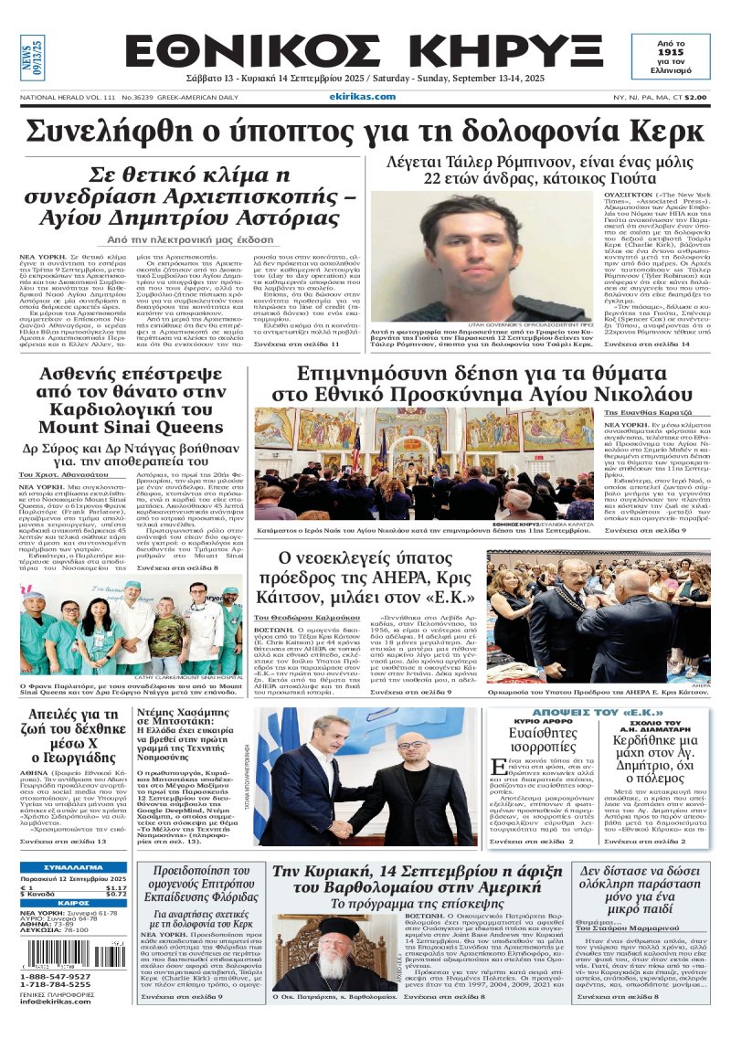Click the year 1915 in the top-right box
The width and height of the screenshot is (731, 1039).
683,54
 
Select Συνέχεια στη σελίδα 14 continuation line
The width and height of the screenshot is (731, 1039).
665,369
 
